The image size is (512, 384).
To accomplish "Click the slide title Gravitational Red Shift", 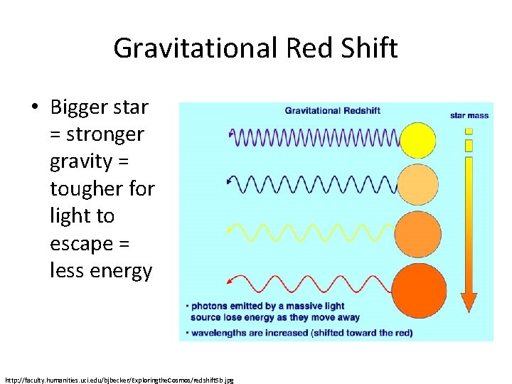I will (255, 48).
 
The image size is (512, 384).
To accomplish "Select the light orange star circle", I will (417, 184).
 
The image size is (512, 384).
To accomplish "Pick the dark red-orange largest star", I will (419, 287).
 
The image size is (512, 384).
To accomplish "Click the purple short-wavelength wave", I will (313, 135).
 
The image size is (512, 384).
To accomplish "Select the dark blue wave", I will (313, 183).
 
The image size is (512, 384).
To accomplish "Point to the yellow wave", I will (313, 231).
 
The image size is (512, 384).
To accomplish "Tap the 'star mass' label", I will (469, 115).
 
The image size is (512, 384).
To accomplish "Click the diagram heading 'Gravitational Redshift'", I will (333, 110).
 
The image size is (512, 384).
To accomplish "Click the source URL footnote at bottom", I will (119, 380).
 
